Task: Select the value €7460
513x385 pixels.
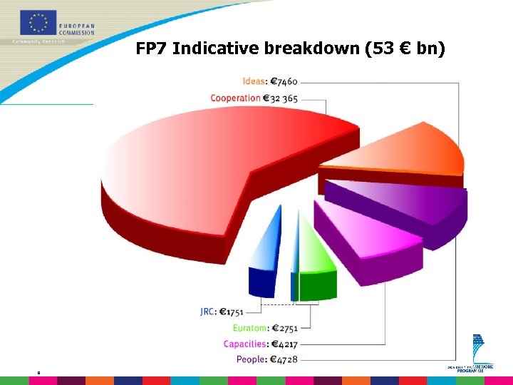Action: pos(284,81)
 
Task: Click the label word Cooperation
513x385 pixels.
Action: pos(235,98)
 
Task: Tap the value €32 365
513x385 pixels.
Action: pos(281,98)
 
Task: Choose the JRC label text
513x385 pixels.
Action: pos(208,311)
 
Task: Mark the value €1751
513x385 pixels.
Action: pos(232,311)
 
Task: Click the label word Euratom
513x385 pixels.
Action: pos(249,328)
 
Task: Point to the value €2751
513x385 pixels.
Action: pos(284,328)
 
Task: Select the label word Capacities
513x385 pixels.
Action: pos(245,344)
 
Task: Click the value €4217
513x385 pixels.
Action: pos(284,344)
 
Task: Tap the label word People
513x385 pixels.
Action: pos(251,359)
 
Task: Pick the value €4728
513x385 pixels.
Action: pos(284,359)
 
